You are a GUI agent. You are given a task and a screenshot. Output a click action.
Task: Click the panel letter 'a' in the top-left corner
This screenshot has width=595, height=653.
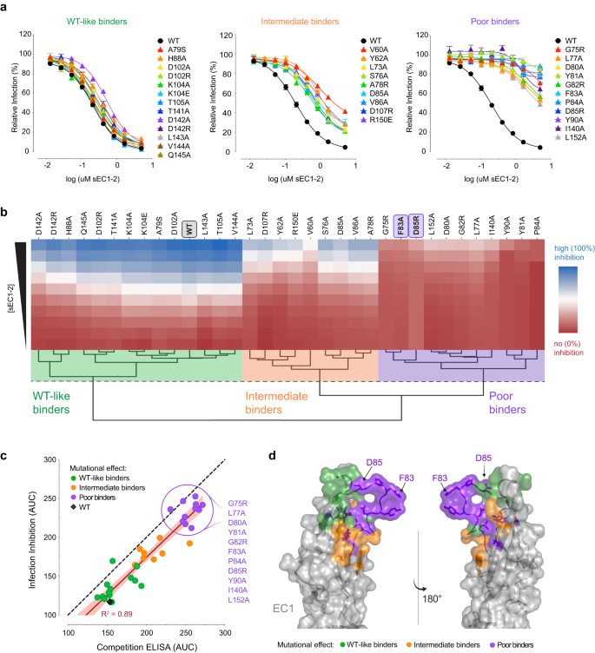[6, 6]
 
